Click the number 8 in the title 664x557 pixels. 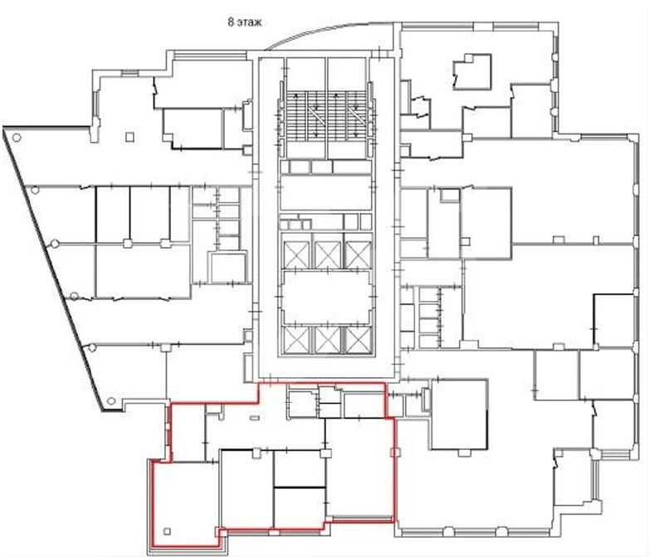[x=231, y=22]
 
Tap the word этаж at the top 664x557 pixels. [x=249, y=22]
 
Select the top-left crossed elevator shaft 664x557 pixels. [x=295, y=255]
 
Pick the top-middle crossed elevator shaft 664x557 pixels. [x=328, y=255]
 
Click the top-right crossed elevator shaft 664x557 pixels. [x=359, y=255]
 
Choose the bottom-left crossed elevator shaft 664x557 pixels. [x=295, y=341]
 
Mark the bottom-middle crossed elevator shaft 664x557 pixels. [x=328, y=341]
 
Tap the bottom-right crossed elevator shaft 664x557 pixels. [x=359, y=341]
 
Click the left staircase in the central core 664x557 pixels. [x=305, y=114]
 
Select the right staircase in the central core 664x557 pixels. [x=346, y=114]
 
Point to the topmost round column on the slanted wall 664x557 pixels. [x=17, y=138]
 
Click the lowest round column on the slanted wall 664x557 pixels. [x=111, y=401]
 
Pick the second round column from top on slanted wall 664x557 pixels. [x=35, y=190]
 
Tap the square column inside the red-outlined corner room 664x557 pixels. [x=167, y=531]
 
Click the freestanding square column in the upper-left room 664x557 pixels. [x=130, y=137]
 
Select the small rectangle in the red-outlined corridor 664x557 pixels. [x=255, y=418]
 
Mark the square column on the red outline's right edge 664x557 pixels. [x=396, y=453]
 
